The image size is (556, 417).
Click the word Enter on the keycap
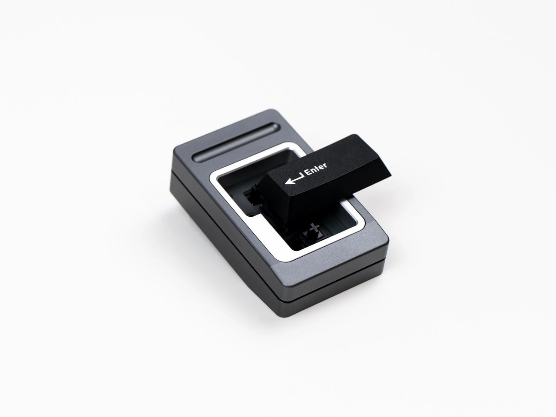(x=317, y=169)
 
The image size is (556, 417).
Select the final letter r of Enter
(x=325, y=165)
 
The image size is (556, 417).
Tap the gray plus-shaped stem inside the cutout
(x=314, y=228)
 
